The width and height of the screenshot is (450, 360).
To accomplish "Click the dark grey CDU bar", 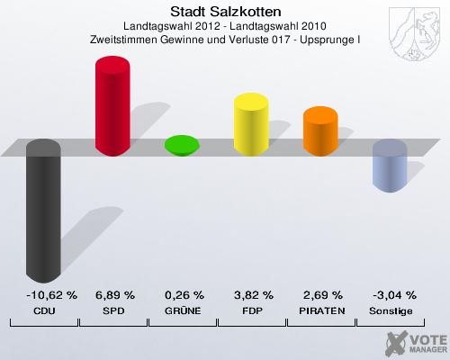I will [x=43, y=211].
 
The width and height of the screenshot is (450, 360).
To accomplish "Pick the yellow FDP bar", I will [x=252, y=123].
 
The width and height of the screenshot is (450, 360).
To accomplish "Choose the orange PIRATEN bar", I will [x=320, y=130].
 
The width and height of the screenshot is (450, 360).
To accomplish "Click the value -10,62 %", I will [x=44, y=295].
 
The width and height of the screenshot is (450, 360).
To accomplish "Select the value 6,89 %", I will [x=114, y=295].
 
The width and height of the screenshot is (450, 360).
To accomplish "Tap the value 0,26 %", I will [x=184, y=295].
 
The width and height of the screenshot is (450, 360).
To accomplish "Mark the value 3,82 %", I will [x=253, y=295].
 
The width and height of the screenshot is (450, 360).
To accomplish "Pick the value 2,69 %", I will [x=322, y=295].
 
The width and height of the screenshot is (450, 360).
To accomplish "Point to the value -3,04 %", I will [x=391, y=295].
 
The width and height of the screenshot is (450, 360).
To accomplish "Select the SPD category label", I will [x=114, y=310].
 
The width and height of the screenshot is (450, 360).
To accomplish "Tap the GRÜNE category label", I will [x=184, y=310].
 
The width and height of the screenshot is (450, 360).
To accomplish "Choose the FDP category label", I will [x=253, y=310].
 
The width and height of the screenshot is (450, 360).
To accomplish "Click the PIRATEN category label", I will [x=322, y=310].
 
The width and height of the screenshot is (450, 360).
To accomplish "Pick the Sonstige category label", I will [x=391, y=310].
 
